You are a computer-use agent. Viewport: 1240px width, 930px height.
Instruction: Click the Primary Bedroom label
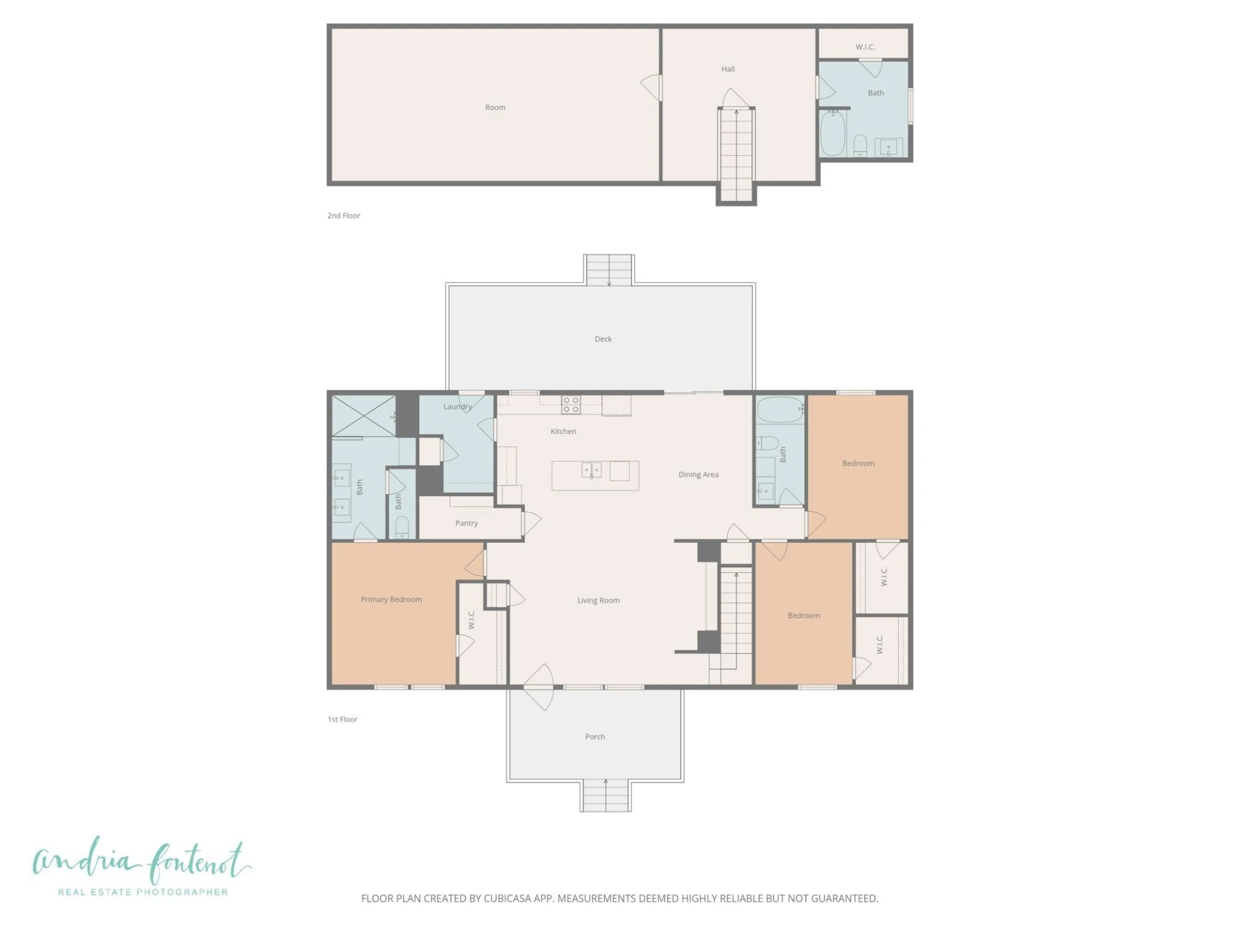tap(391, 599)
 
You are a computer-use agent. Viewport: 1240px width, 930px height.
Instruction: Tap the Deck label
tap(603, 339)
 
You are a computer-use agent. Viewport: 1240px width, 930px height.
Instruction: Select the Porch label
tap(595, 736)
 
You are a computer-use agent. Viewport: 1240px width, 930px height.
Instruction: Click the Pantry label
tap(466, 523)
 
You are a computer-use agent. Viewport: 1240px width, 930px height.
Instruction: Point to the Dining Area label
tap(698, 474)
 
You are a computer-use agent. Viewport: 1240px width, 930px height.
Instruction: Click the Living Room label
tap(598, 600)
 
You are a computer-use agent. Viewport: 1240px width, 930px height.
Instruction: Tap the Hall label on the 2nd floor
tap(728, 69)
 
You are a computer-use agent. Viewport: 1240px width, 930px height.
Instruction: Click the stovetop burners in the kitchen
tap(571, 405)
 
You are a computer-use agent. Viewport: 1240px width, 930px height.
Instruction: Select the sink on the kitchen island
tap(592, 470)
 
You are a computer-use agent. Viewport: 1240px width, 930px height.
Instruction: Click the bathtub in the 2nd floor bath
tap(833, 133)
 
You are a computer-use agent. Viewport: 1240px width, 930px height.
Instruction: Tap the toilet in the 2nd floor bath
tap(860, 145)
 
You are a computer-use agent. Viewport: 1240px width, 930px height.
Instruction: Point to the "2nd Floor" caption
tap(344, 216)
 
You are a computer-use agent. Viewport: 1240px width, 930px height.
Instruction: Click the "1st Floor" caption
tap(342, 719)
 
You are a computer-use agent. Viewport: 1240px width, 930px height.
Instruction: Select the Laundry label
tap(457, 407)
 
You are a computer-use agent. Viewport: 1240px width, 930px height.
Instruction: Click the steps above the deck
tap(609, 270)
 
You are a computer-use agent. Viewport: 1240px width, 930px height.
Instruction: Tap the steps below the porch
tap(605, 796)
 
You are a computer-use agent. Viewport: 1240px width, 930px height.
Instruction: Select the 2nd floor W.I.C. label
tap(865, 47)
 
